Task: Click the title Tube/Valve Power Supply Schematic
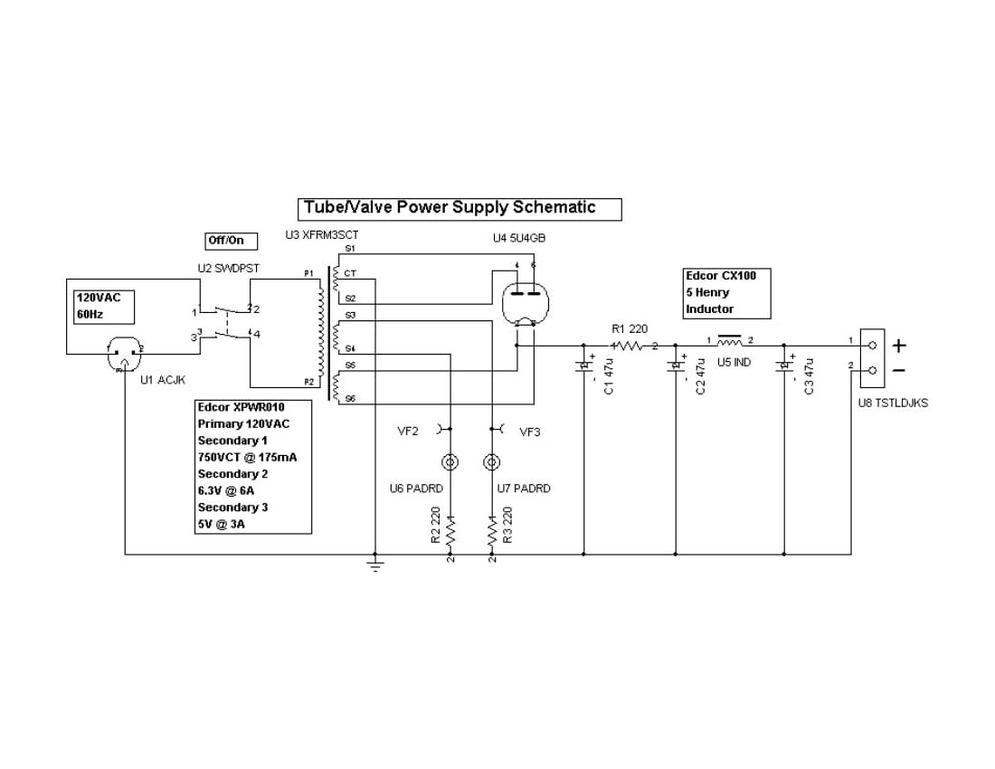[461, 209]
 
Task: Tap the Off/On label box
[232, 241]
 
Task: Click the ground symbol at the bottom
[374, 565]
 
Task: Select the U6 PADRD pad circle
[450, 462]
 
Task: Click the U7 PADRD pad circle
[492, 462]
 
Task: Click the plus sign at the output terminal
[899, 345]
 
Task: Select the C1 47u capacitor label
[609, 376]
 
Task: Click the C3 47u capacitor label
[809, 376]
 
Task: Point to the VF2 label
[408, 432]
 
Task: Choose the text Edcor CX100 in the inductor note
[721, 276]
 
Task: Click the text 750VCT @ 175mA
[247, 457]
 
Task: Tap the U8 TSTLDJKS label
[893, 403]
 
